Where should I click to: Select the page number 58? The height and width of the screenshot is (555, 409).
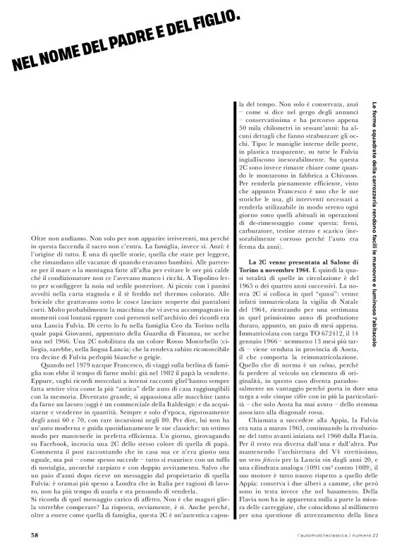point(35,535)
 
